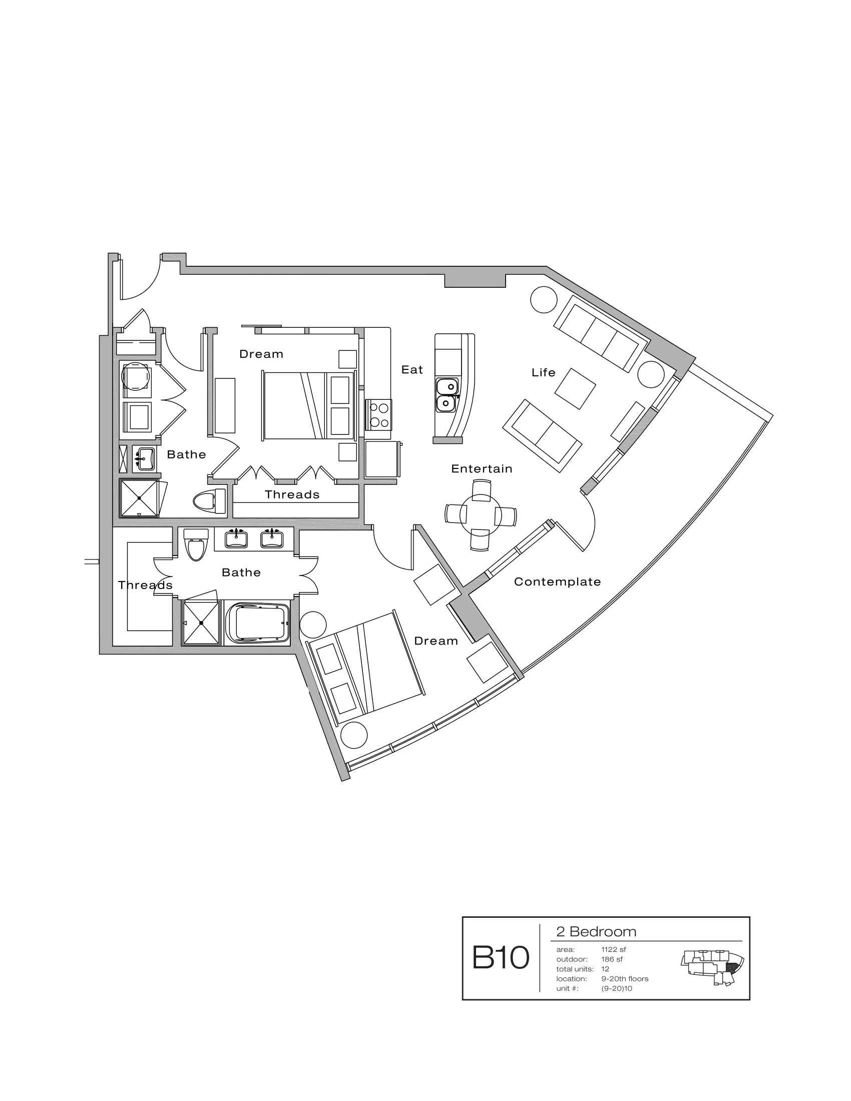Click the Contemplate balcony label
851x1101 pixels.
coord(557,582)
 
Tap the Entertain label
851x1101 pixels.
coord(482,469)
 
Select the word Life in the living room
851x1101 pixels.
coord(543,372)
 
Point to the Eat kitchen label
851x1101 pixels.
coord(412,369)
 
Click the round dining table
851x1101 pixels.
coord(481,514)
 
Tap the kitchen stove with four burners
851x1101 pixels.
coord(378,414)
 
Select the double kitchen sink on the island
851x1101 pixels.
coord(447,395)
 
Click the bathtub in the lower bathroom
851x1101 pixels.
coord(257,623)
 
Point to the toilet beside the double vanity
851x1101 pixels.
coord(196,544)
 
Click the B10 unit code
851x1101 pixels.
coord(500,958)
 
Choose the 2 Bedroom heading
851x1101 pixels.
coord(596,932)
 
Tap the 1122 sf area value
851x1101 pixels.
coord(613,949)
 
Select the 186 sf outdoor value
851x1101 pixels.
coord(612,959)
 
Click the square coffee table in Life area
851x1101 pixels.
coord(575,389)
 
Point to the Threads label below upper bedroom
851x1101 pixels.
coord(292,494)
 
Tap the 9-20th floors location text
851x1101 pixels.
coord(625,978)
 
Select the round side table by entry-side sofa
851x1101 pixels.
coord(544,299)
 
